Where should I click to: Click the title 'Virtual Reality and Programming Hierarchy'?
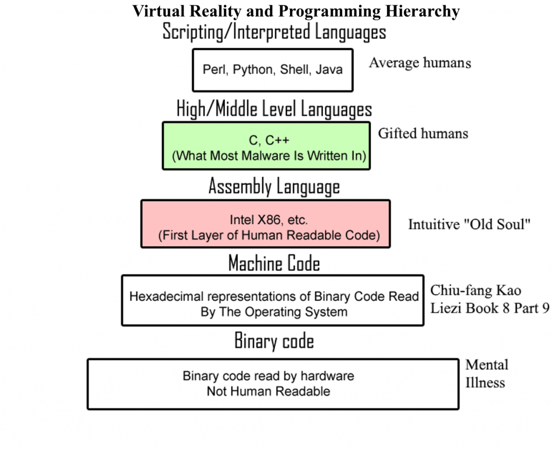coord(296,11)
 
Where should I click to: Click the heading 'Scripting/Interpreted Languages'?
coord(274,32)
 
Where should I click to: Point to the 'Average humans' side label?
coord(419,63)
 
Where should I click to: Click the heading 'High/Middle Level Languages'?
coord(274,109)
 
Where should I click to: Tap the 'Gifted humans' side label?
coord(423,133)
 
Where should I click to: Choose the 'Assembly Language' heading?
coord(274,187)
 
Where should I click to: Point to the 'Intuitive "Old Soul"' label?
coord(470,224)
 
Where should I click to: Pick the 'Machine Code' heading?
coord(274,264)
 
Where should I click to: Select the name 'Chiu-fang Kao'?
coord(475,291)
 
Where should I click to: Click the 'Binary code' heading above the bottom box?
coord(274,341)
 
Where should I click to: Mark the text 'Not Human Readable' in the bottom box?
coord(268,391)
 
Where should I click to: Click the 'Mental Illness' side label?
coord(486,374)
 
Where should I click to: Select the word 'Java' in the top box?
coord(329,70)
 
